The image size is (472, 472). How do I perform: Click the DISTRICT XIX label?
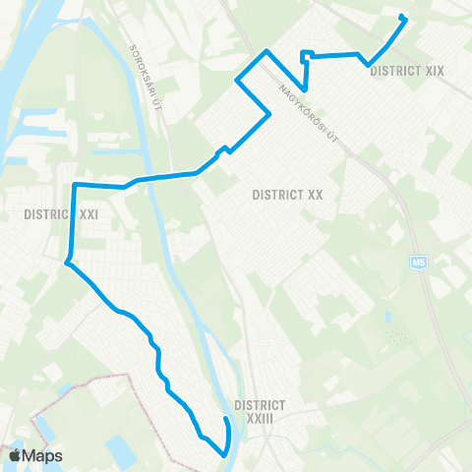[x=408, y=71]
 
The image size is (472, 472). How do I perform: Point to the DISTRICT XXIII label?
[x=261, y=411]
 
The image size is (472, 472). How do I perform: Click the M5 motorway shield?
[x=420, y=263]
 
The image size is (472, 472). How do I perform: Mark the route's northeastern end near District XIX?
[x=401, y=16]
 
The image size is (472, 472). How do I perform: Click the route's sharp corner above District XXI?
[x=75, y=184]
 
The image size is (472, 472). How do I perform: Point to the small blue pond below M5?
[x=389, y=318]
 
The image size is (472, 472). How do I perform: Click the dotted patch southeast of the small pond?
[x=397, y=338]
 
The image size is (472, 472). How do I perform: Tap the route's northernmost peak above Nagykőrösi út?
[x=266, y=50]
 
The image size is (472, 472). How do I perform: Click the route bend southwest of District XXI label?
[x=67, y=263]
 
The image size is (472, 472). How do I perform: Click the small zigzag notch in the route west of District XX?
[x=226, y=149]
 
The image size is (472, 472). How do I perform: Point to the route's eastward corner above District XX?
[x=268, y=116]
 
